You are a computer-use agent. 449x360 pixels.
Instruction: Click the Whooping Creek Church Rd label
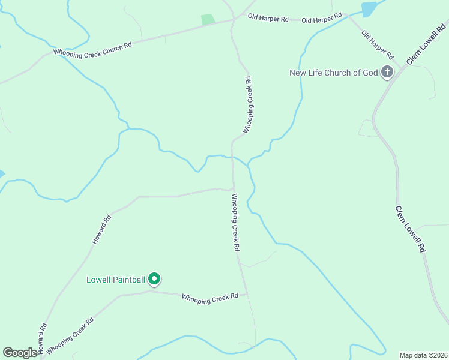pyautogui.click(x=92, y=49)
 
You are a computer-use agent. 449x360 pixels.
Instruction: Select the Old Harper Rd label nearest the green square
pyautogui.click(x=268, y=18)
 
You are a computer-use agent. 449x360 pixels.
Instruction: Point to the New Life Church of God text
pyautogui.click(x=334, y=73)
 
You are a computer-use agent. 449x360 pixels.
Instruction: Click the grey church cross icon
pyautogui.click(x=387, y=73)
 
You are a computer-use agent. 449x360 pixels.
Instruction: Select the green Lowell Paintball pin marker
pyautogui.click(x=154, y=278)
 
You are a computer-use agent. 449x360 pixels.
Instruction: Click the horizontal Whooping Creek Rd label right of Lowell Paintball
pyautogui.click(x=210, y=298)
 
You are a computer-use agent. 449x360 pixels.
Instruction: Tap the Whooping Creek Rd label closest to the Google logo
pyautogui.click(x=70, y=335)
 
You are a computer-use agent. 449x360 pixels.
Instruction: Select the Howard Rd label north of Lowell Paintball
pyautogui.click(x=101, y=230)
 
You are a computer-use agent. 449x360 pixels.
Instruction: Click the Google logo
pyautogui.click(x=20, y=353)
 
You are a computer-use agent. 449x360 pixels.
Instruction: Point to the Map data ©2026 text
pyautogui.click(x=423, y=355)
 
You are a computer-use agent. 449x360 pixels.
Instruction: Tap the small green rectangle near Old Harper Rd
pyautogui.click(x=208, y=20)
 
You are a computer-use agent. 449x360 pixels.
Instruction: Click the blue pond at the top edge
pyautogui.click(x=369, y=8)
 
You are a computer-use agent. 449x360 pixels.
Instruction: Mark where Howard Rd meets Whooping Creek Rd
pyautogui.click(x=233, y=190)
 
